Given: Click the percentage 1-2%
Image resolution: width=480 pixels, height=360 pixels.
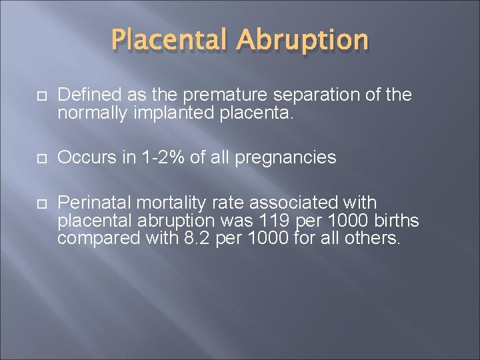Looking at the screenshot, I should (157, 157).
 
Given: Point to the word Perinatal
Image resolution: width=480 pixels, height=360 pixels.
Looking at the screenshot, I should (90, 202).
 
